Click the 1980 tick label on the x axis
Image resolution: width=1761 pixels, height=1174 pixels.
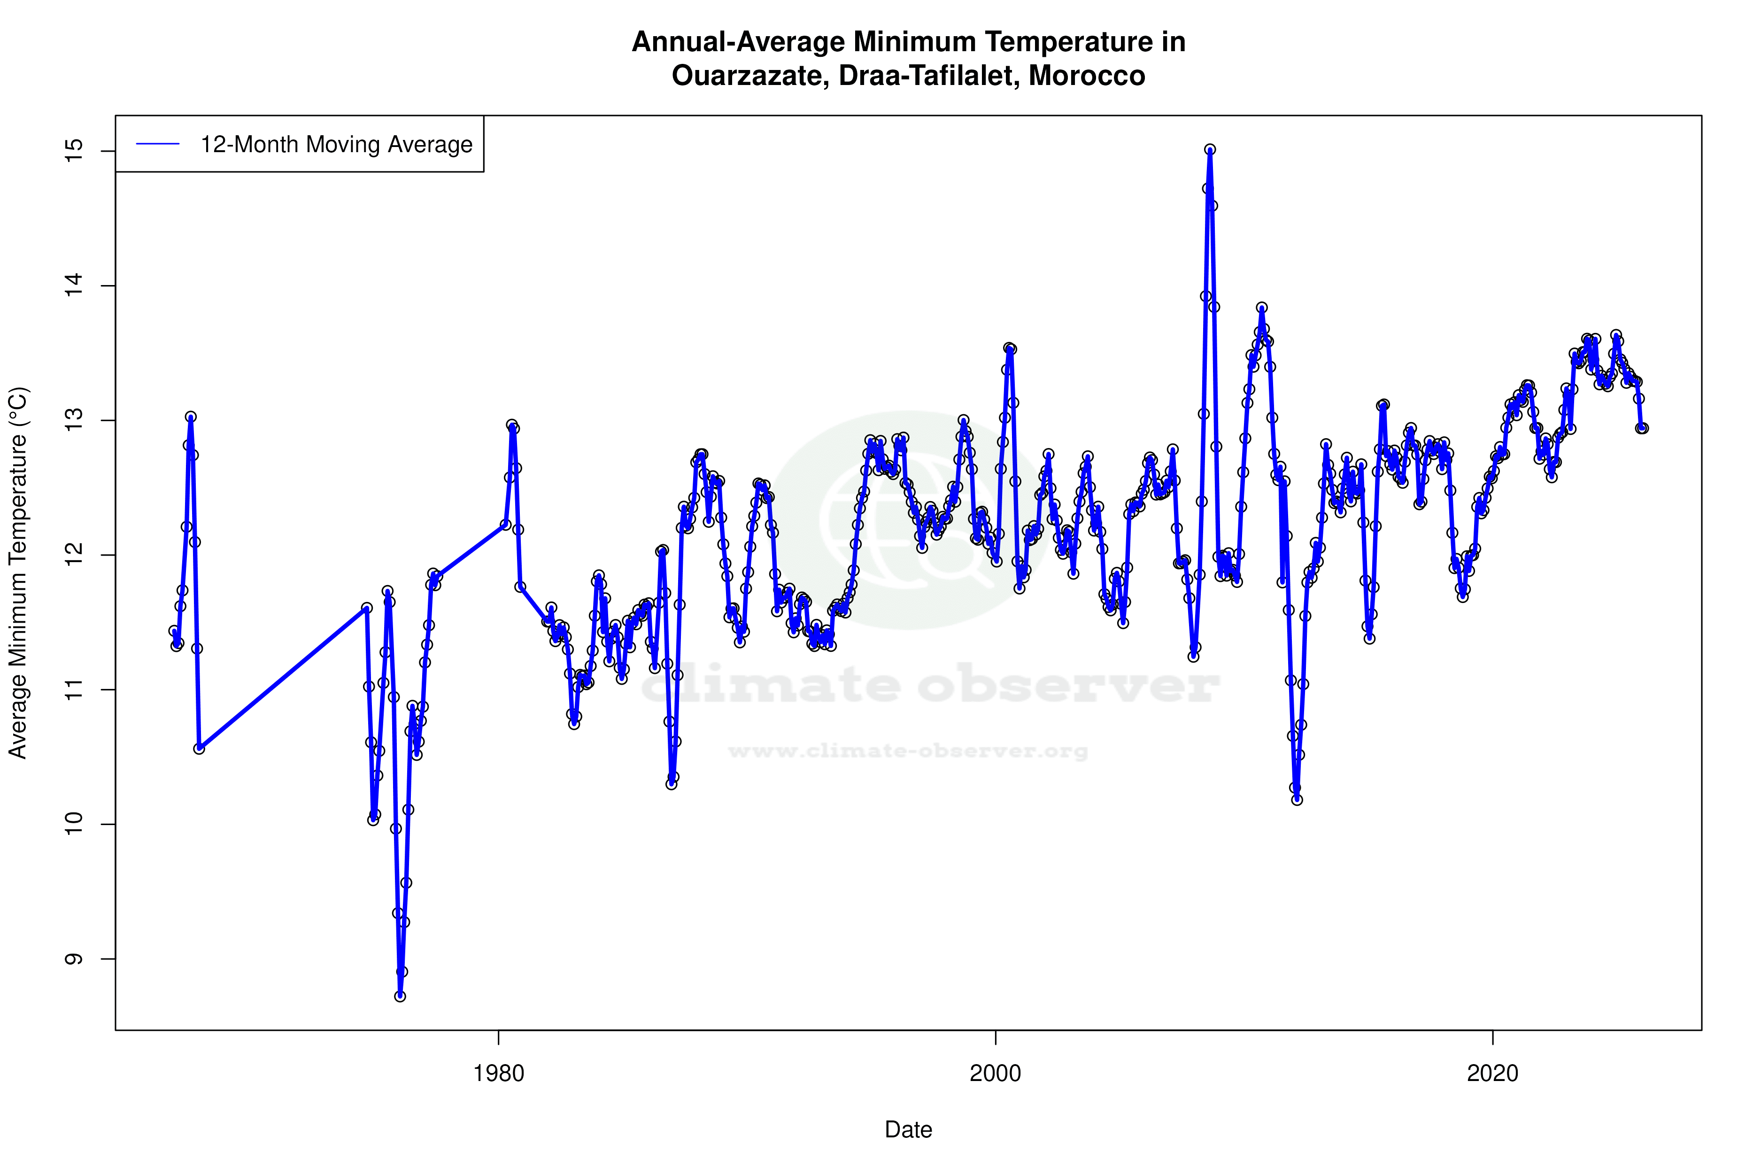(x=498, y=1074)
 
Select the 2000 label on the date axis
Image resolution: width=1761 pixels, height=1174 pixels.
(x=995, y=1074)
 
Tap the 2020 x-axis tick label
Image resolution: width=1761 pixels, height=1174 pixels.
(x=1492, y=1074)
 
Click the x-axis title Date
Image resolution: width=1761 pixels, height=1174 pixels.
(x=908, y=1130)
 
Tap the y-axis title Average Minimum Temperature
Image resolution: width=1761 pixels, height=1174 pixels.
(x=18, y=573)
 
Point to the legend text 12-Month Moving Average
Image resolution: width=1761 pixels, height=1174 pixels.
(x=336, y=145)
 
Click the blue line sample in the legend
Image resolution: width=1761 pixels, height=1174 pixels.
(x=158, y=145)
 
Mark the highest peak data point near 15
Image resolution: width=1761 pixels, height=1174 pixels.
(x=1210, y=150)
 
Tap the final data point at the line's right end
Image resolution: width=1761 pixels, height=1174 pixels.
(x=1643, y=428)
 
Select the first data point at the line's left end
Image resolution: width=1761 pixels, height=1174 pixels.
(x=174, y=631)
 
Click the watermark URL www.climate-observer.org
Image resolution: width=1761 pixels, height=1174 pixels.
(x=908, y=751)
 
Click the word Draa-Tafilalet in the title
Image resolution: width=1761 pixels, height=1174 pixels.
(x=928, y=76)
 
